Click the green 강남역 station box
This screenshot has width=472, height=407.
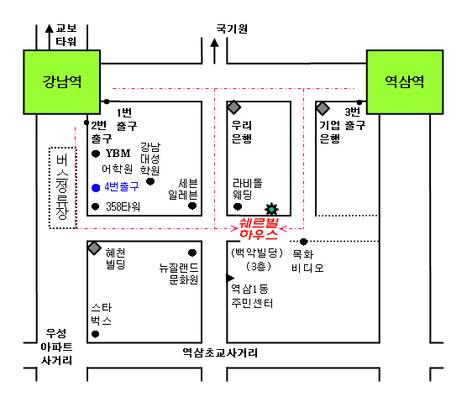pos(61,82)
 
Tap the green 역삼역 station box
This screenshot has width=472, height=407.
pos(405,82)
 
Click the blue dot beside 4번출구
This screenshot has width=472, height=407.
pos(96,188)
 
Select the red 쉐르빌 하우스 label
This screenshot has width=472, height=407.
pos(259,229)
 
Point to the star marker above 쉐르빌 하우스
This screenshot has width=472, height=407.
pos(271,209)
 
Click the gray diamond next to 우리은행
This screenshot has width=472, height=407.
pos(233,107)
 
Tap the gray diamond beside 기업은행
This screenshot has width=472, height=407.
pos(323,108)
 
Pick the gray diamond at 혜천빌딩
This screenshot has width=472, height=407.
pos(94,248)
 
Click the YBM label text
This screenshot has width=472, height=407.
pos(118,154)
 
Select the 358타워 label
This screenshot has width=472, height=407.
pos(123,206)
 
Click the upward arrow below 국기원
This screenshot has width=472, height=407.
pos(214,51)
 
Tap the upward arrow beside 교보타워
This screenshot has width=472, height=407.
pos(49,37)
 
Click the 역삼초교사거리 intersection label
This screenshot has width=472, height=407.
pos(220,352)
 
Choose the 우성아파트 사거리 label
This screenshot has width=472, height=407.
pos(56,347)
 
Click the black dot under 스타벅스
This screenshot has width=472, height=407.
pos(96,334)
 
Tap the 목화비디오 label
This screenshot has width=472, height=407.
pos(307,261)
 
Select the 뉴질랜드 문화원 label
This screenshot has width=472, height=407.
pos(179,274)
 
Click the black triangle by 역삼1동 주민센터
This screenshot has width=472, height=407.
pos(230,279)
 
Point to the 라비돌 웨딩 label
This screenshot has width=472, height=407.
pos(248,189)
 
